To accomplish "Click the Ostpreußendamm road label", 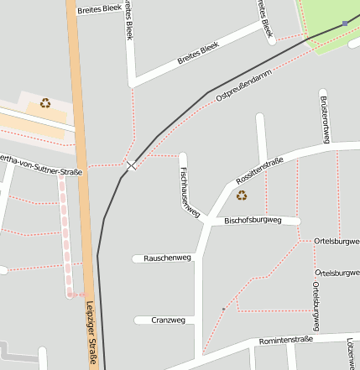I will tap(245, 86).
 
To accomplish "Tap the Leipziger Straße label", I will tap(91, 334).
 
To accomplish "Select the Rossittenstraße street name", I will tap(260, 170).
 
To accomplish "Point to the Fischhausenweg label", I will tap(189, 192).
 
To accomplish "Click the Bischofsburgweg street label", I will tap(251, 221).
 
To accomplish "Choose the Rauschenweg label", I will tap(168, 258).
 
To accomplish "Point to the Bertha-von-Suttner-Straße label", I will tap(40, 165).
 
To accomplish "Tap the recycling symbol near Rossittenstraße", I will tap(242, 195).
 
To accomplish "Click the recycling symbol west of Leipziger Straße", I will tap(44, 104).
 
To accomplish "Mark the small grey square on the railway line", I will tap(345, 23).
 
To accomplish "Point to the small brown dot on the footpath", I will tap(223, 310).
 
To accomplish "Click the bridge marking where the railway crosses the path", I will tap(130, 165).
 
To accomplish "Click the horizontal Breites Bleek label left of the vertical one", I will tap(99, 9).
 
